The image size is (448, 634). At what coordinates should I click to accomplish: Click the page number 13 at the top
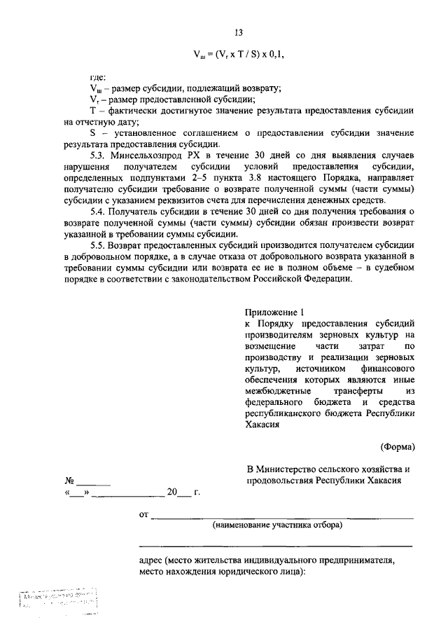pyautogui.click(x=238, y=33)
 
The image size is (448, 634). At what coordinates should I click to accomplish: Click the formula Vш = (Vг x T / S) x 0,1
pyautogui.click(x=238, y=55)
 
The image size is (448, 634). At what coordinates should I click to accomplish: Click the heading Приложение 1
pyautogui.click(x=276, y=313)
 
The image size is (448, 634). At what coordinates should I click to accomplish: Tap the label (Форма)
pyautogui.click(x=398, y=446)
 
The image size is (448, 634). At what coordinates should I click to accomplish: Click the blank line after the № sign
pyautogui.click(x=93, y=482)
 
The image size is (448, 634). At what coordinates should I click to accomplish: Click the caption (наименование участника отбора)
pyautogui.click(x=277, y=525)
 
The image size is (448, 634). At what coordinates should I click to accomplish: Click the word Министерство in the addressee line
pyautogui.click(x=293, y=469)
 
